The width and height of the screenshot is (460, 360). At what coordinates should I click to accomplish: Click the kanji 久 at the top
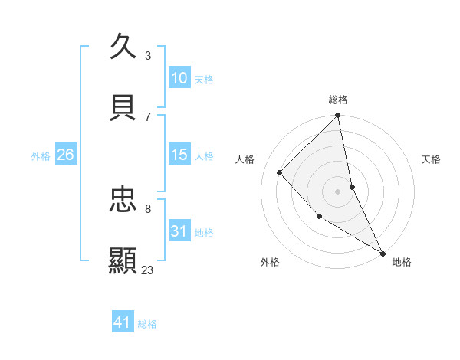[x=123, y=47]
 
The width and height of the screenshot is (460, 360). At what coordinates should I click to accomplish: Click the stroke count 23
[x=148, y=270]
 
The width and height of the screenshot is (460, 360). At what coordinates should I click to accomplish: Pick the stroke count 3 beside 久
[x=148, y=55]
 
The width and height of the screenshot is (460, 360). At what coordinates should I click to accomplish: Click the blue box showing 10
[x=179, y=78]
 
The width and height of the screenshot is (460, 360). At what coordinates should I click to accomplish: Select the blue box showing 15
[x=179, y=155]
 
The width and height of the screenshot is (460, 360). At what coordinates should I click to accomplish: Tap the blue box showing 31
[x=179, y=231]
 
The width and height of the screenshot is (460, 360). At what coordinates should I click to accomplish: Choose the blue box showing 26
[x=65, y=155]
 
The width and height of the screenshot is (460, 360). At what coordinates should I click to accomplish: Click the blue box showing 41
[x=123, y=322]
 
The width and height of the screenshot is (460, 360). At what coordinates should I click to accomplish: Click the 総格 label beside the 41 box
[x=147, y=324]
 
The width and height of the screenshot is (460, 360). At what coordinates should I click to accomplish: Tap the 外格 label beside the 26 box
[x=41, y=156]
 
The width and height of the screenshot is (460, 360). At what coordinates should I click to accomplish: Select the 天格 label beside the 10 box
[x=204, y=80]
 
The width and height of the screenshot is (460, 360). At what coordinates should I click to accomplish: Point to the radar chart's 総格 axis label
[x=338, y=100]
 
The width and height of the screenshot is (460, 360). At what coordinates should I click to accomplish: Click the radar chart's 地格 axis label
[x=402, y=262]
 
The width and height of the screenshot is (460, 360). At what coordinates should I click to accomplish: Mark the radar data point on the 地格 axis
[x=382, y=252]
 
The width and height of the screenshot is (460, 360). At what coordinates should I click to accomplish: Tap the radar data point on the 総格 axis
[x=338, y=116]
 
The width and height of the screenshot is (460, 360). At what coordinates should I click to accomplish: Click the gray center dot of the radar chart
[x=338, y=191]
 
